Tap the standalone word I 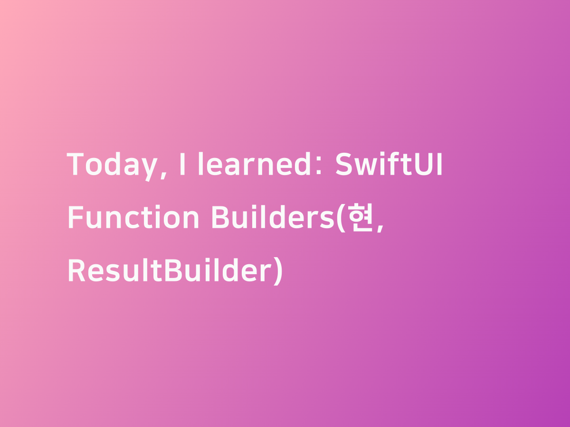click(182, 164)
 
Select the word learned click(255, 164)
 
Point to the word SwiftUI click(389, 164)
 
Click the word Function click(133, 217)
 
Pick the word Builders click(273, 217)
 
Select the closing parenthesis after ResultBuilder click(278, 271)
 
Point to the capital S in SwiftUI click(343, 164)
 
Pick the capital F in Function click(76, 217)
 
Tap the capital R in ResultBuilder click(76, 270)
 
